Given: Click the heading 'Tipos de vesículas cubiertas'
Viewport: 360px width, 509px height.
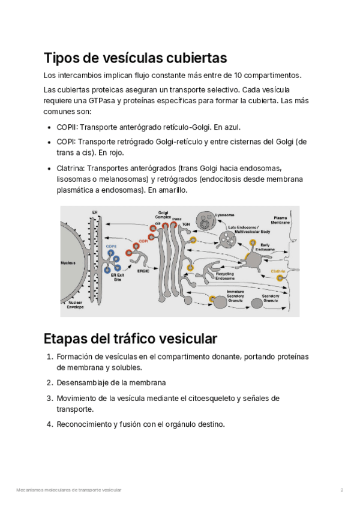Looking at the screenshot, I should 135,58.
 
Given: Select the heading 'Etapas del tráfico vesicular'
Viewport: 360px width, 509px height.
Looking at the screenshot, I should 130,337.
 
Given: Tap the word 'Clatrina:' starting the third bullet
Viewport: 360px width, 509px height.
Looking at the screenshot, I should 70,168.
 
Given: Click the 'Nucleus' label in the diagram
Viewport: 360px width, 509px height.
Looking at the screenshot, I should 68,263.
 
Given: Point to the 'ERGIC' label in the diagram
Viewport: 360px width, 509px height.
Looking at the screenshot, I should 143,271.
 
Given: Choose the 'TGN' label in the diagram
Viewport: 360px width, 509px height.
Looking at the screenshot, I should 186,224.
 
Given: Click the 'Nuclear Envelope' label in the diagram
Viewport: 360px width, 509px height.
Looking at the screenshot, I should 75,304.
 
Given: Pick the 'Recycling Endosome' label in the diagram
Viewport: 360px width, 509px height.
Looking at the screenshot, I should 225,277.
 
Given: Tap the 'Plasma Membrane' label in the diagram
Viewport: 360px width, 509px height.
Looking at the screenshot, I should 281,220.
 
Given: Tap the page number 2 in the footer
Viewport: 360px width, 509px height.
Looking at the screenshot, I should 341,490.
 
